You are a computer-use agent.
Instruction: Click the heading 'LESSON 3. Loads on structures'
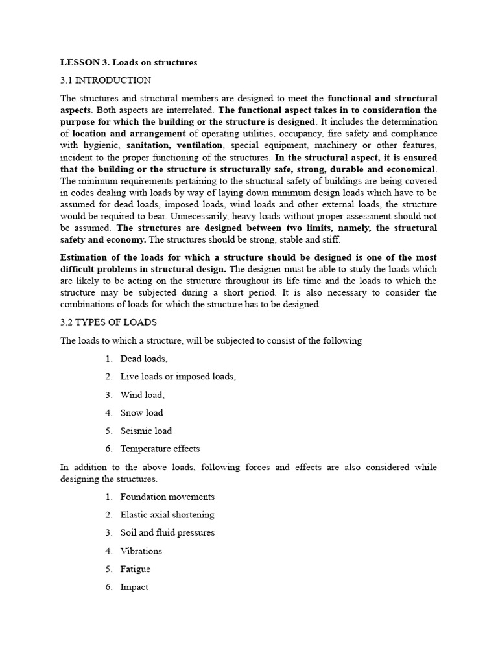click(x=128, y=63)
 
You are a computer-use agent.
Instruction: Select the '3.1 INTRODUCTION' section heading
click(x=106, y=80)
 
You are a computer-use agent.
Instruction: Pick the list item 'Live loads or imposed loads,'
click(x=178, y=377)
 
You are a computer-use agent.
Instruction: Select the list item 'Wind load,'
click(x=142, y=395)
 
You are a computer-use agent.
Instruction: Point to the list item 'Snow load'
click(x=141, y=413)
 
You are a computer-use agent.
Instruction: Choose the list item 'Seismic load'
click(x=146, y=431)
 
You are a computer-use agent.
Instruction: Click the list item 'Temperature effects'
click(x=160, y=449)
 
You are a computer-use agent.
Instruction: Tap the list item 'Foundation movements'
click(x=167, y=497)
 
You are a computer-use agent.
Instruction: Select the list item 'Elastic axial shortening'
click(x=167, y=515)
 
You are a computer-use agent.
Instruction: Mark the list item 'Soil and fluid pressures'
click(x=167, y=533)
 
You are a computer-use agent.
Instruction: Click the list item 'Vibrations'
click(x=141, y=551)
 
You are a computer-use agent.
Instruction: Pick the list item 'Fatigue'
click(x=135, y=569)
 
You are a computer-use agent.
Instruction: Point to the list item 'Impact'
click(x=134, y=587)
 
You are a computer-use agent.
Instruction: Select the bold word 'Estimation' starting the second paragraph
click(x=83, y=257)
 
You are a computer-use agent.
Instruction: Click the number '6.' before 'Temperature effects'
click(x=108, y=449)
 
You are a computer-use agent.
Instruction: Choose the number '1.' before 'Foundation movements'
click(x=108, y=497)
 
